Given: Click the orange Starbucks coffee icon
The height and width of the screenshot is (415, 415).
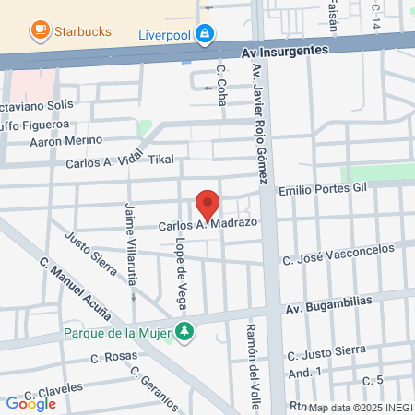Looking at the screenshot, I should tap(40, 31).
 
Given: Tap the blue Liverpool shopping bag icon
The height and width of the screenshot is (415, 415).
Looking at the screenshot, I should tap(204, 36).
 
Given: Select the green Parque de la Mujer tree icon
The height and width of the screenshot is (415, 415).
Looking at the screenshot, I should tap(185, 331).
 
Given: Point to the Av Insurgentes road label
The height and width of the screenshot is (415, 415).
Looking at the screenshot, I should tap(284, 53).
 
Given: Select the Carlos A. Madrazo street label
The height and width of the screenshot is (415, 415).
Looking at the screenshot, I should tap(207, 223).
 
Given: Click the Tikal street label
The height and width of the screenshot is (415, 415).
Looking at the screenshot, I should tap(160, 159).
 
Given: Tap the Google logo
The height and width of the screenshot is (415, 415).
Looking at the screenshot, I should tap(30, 403).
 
